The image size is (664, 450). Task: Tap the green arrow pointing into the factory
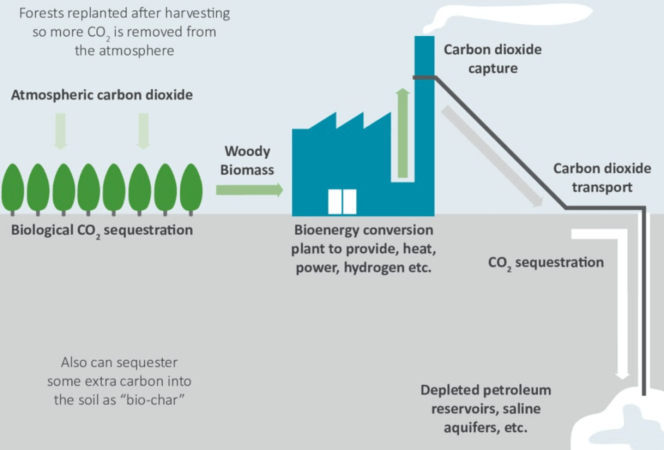pyautogui.click(x=249, y=190)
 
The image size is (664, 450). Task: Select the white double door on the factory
pyautogui.click(x=342, y=202)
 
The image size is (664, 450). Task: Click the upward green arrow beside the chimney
pyautogui.click(x=402, y=134)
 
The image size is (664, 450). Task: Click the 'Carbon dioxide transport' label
pyautogui.click(x=602, y=177)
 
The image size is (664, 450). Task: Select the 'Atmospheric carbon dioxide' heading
pyautogui.click(x=102, y=95)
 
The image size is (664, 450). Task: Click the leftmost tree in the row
pyautogui.click(x=13, y=188)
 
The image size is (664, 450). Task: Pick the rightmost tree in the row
pyautogui.click(x=191, y=188)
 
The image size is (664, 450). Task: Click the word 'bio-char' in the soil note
pyautogui.click(x=161, y=399)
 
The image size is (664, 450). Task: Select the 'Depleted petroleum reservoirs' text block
pyautogui.click(x=486, y=409)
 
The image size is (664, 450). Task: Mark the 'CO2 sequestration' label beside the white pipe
pyautogui.click(x=546, y=263)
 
